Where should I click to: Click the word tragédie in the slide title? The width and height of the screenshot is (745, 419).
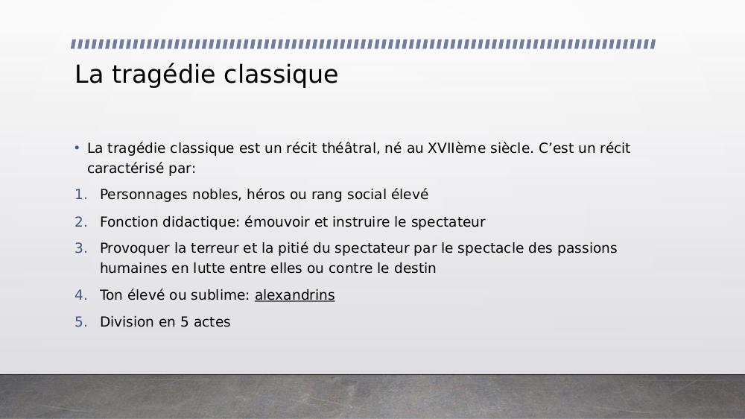click(x=163, y=75)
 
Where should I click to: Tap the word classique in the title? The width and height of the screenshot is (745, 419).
click(x=281, y=75)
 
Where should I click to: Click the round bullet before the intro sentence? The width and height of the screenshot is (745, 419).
click(x=77, y=148)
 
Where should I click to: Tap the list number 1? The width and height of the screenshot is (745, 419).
click(x=80, y=195)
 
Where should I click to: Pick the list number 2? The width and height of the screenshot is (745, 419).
click(x=80, y=222)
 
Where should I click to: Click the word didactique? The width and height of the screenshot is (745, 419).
click(x=201, y=222)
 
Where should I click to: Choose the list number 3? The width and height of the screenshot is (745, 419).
click(x=80, y=248)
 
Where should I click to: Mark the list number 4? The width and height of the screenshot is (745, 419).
click(x=80, y=295)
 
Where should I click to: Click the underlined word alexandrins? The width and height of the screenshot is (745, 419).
click(x=294, y=295)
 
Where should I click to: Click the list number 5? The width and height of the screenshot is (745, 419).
click(x=80, y=322)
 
